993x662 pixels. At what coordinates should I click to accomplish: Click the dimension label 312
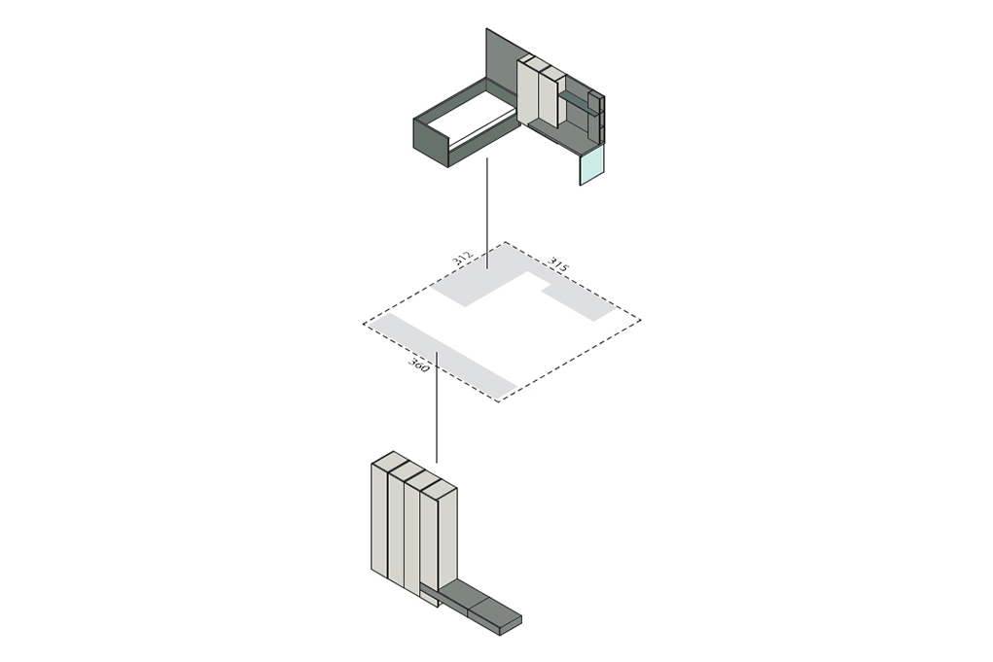pos(463,259)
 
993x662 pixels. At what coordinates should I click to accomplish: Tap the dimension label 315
pos(558,264)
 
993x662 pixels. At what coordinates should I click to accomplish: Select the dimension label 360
pos(418,366)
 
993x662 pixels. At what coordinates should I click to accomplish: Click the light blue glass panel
pos(592,164)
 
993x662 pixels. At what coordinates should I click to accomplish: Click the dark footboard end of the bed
pos(431,142)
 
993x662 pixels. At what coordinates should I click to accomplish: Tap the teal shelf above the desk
pos(577,102)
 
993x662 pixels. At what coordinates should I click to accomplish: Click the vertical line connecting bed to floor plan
pos(486,213)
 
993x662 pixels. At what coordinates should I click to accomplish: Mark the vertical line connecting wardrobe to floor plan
pos(437,407)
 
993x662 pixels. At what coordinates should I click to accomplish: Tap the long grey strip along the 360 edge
pos(444,357)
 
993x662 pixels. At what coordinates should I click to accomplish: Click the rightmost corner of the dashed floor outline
pos(640,321)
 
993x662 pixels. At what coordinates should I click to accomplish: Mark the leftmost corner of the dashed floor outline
pos(364,324)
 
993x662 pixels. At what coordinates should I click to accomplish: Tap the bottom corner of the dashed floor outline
pos(499,401)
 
